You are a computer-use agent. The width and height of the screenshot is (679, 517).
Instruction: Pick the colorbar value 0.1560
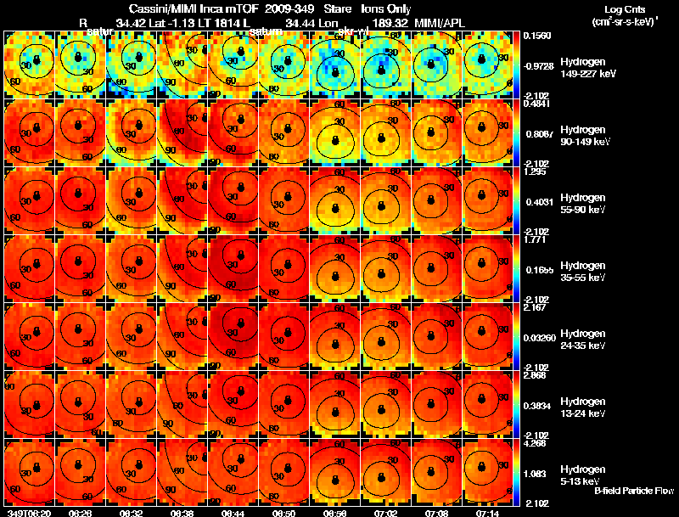point(536,37)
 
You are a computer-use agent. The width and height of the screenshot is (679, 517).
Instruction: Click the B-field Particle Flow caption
point(633,491)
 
